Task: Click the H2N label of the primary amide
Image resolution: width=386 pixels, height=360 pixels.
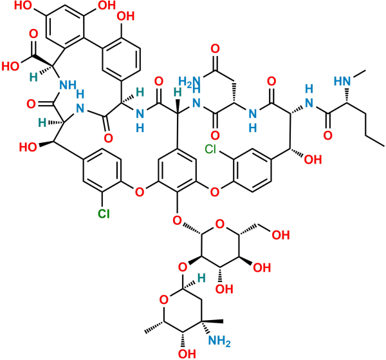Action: click(189, 81)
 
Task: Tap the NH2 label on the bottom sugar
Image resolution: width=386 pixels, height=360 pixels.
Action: click(219, 341)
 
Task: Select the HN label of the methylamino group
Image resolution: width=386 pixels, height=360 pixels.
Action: click(342, 81)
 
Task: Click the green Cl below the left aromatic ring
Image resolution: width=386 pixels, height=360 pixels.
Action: click(104, 213)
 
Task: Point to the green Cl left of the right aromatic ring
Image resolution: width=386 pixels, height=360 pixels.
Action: click(210, 149)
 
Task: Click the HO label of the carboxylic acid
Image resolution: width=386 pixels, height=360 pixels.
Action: click(10, 66)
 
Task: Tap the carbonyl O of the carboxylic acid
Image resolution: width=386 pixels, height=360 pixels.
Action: click(33, 33)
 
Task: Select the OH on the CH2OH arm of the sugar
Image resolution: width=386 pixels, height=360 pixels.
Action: click(280, 235)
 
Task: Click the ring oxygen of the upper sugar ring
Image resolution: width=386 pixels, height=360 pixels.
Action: click(219, 224)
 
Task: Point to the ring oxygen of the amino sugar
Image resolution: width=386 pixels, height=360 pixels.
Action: click(163, 300)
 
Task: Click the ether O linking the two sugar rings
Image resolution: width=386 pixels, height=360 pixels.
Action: click(183, 267)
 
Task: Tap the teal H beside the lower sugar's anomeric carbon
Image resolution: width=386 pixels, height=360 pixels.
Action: click(201, 278)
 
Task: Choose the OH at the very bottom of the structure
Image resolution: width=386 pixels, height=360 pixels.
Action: click(187, 354)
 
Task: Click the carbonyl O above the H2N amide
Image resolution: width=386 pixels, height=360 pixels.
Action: click(215, 49)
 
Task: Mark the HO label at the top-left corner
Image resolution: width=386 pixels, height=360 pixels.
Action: click(23, 5)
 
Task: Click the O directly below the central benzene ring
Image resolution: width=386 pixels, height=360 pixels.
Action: click(177, 220)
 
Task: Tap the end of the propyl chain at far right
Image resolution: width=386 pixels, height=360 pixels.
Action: click(384, 146)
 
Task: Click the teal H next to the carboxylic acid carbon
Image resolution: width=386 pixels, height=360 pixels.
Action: click(33, 77)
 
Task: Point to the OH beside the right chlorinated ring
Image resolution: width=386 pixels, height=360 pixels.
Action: click(313, 160)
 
